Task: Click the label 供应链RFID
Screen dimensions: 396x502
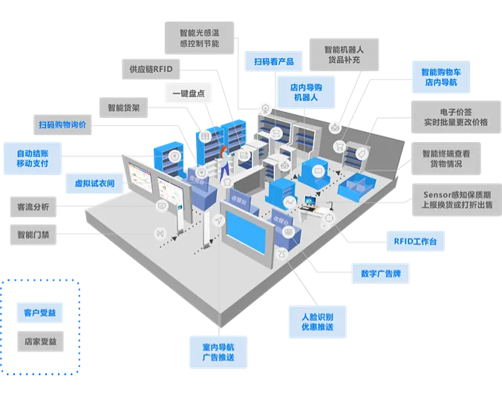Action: [151, 69]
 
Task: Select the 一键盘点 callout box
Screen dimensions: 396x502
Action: [188, 93]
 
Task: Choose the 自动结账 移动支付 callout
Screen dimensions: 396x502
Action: [33, 157]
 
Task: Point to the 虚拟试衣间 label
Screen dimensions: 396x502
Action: [94, 182]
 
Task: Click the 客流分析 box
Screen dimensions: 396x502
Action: [33, 207]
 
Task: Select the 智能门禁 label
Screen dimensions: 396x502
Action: [33, 234]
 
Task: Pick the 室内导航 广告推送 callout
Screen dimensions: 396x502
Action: [218, 352]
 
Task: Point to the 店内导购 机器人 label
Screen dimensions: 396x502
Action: [304, 92]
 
